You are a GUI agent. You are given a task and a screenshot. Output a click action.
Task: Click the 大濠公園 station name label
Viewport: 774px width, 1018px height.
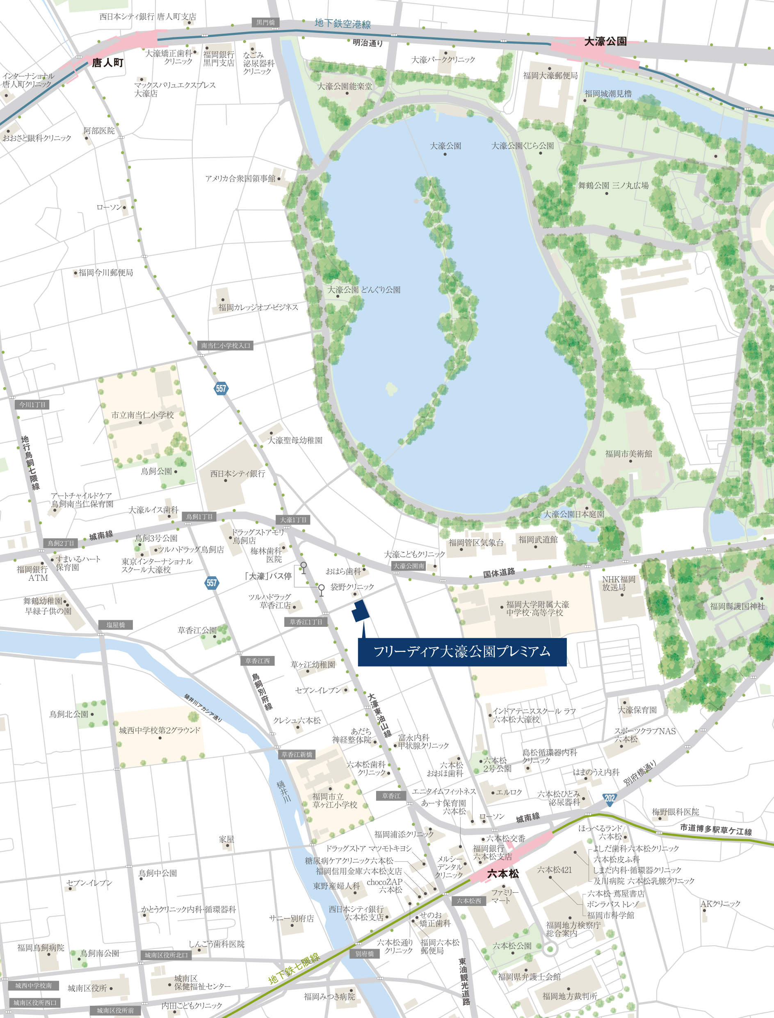tap(605, 41)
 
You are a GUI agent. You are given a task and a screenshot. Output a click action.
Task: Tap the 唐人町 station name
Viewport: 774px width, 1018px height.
tap(107, 63)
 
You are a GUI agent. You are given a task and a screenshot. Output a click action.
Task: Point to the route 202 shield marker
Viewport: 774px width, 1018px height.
tap(610, 798)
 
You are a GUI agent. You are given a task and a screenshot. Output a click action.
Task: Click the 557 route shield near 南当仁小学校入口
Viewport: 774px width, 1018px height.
tap(221, 388)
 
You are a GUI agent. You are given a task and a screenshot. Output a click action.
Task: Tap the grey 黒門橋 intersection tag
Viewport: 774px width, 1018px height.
tap(265, 22)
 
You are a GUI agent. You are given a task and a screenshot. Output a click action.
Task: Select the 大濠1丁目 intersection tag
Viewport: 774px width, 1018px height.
tap(293, 520)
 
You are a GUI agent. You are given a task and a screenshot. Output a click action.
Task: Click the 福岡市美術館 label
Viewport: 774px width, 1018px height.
tap(628, 454)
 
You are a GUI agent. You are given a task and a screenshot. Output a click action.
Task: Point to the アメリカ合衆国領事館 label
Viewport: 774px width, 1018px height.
tap(240, 179)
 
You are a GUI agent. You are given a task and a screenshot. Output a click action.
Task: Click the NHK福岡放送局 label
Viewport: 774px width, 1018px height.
tap(618, 583)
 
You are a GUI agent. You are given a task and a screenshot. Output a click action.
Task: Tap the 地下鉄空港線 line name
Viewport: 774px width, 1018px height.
tap(343, 23)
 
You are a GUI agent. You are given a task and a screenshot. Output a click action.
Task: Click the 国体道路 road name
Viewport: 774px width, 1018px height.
tap(498, 573)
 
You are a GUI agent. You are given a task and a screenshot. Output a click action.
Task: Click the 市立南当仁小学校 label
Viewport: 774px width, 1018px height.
tap(142, 415)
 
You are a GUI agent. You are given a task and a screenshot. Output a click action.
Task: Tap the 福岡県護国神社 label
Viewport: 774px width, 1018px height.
tap(737, 606)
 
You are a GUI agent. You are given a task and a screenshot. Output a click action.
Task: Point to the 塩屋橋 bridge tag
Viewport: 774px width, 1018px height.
tap(115, 625)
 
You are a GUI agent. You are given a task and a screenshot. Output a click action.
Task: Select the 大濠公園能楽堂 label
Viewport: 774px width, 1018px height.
tap(345, 86)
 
